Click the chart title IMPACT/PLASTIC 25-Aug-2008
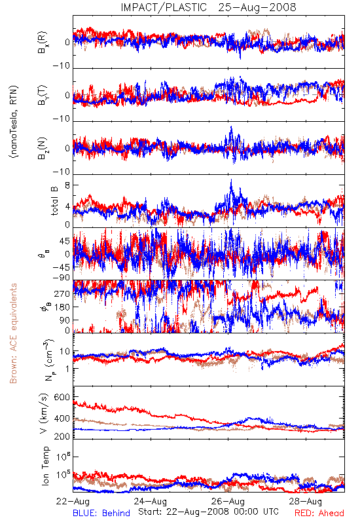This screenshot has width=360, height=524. (x=208, y=7)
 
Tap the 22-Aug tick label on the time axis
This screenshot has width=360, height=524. (x=73, y=501)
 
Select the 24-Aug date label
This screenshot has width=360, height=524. (x=151, y=501)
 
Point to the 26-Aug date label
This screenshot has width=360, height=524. (x=228, y=501)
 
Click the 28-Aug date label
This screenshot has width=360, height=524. (x=306, y=501)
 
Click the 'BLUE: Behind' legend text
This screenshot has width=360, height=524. (x=101, y=513)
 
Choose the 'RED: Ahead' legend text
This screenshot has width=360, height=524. (x=319, y=513)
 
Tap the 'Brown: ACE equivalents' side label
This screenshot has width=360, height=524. (x=13, y=333)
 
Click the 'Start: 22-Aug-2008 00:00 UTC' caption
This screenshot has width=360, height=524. (x=208, y=512)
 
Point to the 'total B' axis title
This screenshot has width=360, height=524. (x=54, y=201)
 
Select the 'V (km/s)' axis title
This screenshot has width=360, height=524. (x=44, y=413)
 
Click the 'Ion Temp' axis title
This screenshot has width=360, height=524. (x=45, y=466)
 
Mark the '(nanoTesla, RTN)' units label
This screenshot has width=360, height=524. (x=14, y=122)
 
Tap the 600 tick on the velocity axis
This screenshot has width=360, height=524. (x=62, y=398)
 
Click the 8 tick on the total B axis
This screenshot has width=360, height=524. (x=67, y=185)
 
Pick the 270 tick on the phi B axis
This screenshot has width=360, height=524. (x=62, y=293)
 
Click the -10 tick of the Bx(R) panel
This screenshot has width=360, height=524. (x=62, y=65)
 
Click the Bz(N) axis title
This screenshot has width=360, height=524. (x=43, y=148)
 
